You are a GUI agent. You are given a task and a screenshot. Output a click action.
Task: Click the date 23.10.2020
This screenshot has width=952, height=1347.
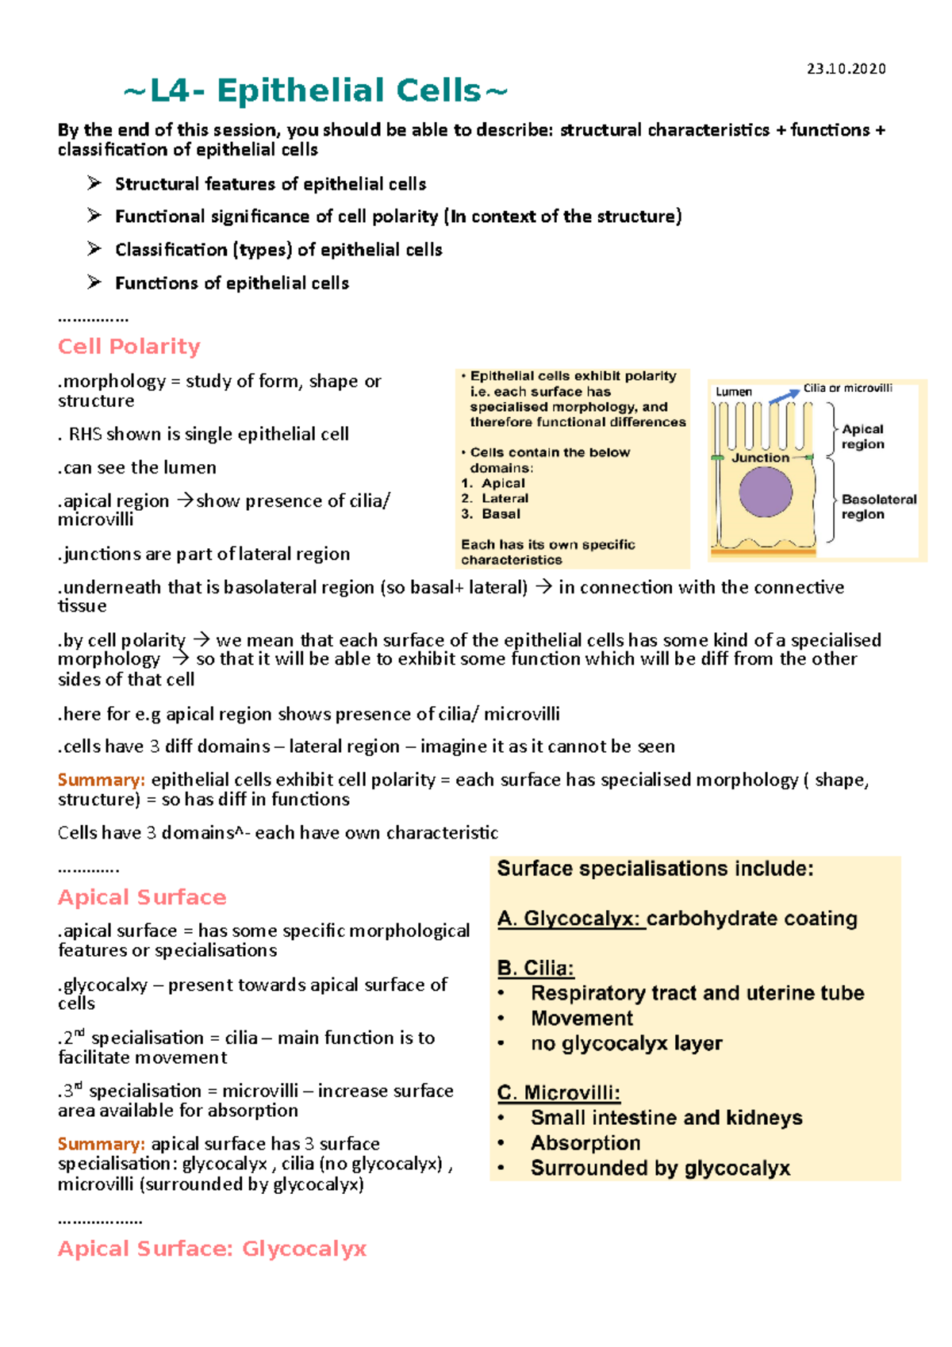click(846, 69)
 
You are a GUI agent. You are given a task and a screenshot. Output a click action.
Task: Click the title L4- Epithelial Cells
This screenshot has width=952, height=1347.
click(316, 91)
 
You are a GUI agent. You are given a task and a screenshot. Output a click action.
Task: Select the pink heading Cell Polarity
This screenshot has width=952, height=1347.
click(129, 347)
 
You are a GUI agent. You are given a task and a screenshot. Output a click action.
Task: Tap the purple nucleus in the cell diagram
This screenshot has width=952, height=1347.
click(765, 492)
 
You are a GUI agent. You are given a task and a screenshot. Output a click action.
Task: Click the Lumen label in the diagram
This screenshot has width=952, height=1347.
click(733, 392)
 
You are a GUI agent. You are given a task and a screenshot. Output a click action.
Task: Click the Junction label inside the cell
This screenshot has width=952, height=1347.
click(760, 458)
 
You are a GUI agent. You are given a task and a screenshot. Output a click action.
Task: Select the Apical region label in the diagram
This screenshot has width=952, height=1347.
click(862, 436)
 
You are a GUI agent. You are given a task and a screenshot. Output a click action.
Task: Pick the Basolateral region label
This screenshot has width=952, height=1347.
click(878, 507)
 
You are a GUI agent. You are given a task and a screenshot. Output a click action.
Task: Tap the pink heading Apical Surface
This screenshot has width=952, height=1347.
click(142, 897)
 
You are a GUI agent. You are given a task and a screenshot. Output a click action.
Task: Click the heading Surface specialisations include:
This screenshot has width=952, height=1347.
click(654, 869)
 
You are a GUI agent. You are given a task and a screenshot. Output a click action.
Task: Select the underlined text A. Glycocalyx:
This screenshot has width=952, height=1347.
click(569, 919)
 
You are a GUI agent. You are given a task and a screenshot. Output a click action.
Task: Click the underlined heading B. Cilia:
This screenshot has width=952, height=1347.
click(535, 969)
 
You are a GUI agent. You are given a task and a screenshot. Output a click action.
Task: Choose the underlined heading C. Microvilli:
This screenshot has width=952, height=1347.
click(559, 1093)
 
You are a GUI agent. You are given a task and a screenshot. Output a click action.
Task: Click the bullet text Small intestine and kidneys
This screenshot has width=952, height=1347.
click(666, 1118)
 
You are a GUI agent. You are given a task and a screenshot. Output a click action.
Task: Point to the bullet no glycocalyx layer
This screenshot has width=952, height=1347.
click(627, 1043)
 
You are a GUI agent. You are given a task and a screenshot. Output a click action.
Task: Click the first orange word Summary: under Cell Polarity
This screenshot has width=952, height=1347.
click(101, 781)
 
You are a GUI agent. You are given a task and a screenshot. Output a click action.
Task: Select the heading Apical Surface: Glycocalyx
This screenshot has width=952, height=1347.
click(212, 1249)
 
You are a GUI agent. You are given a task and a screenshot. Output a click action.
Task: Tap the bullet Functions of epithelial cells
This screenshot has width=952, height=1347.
click(232, 283)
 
